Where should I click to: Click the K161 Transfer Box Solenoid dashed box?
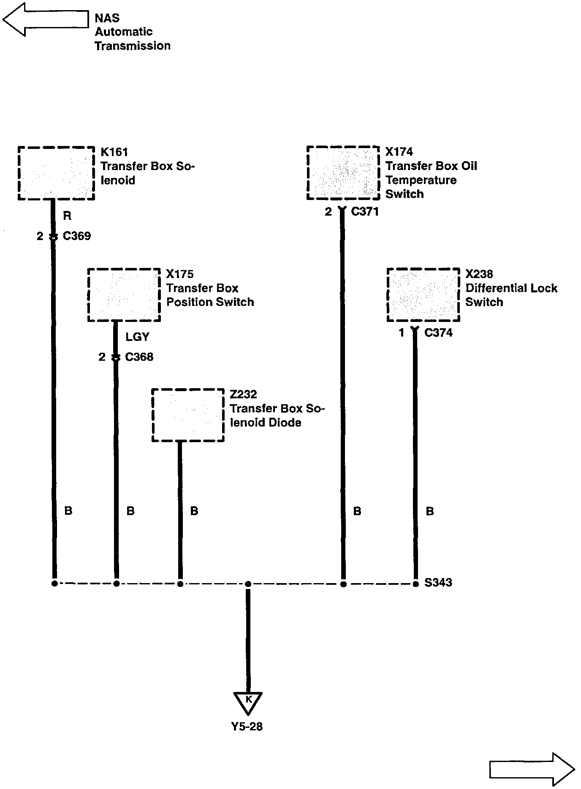[x=56, y=173]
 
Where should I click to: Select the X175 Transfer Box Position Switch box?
[x=124, y=295]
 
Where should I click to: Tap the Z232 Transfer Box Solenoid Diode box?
[x=188, y=415]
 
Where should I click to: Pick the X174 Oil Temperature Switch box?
[x=343, y=173]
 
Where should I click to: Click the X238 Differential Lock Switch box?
[x=423, y=295]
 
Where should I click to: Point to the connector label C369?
[x=77, y=236]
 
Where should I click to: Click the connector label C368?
[x=139, y=357]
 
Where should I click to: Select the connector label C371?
[x=365, y=211]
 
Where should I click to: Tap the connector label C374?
[x=438, y=333]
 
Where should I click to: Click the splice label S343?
[x=438, y=583]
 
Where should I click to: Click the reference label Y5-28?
[x=247, y=726]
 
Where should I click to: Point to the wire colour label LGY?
[x=138, y=337]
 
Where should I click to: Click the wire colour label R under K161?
[x=67, y=216]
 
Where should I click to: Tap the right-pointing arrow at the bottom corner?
[x=532, y=769]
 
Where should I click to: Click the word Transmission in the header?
[x=133, y=46]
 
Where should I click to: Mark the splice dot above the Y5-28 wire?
[x=248, y=584]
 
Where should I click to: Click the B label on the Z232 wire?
[x=194, y=511]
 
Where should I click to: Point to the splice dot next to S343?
[x=415, y=584]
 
